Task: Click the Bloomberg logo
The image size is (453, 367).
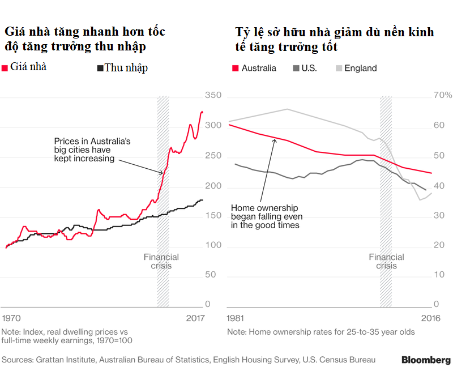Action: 426,360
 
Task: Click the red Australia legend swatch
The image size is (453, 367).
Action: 235,69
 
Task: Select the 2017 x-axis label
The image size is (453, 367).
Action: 195,319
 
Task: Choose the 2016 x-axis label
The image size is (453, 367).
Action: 431,319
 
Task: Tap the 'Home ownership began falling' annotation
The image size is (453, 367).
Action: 267,216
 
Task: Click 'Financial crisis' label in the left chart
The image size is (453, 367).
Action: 161,262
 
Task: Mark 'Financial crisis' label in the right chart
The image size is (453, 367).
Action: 386,262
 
